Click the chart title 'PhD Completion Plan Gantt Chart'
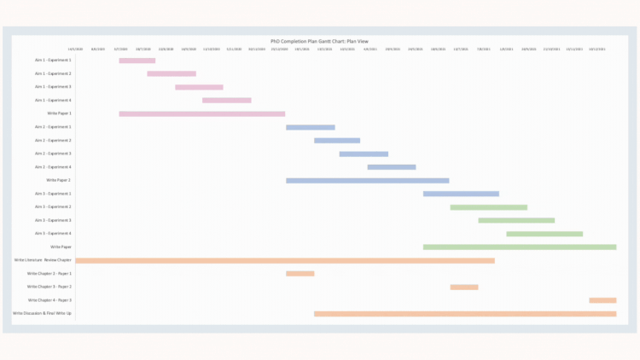coord(318,40)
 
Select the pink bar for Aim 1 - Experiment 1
coord(137,61)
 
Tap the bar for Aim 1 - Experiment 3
coord(199,87)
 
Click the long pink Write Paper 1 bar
coord(201,113)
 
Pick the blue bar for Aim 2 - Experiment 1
coord(310,127)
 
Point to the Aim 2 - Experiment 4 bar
coord(392,167)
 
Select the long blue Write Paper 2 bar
coord(367,181)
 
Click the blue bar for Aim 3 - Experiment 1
coord(461,194)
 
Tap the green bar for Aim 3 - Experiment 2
coord(488,207)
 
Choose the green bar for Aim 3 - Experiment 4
coord(544,234)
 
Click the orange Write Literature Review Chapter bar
coord(284,260)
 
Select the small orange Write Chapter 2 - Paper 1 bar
coord(300,274)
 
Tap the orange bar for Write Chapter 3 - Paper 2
coord(464,287)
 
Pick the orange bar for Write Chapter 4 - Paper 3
coord(602,300)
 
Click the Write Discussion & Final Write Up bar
coord(465,314)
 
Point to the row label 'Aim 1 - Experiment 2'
coord(53,73)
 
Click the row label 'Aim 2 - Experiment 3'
coord(53,154)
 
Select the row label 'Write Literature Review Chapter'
coord(43,260)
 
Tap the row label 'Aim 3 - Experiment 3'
coord(53,220)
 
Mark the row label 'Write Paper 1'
coord(59,113)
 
